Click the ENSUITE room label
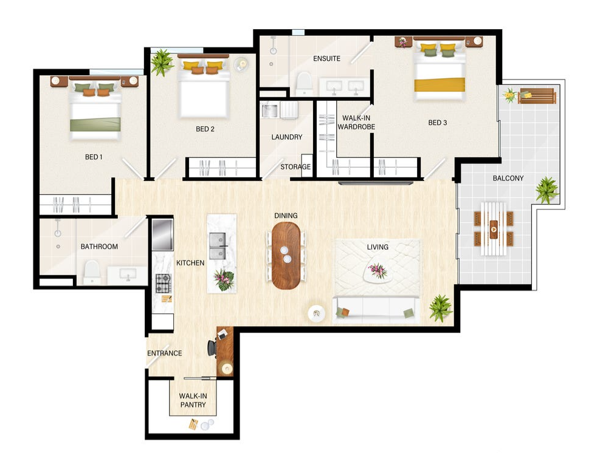[326, 58]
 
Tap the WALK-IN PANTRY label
[193, 400]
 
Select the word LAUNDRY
[286, 137]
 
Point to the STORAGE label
[295, 166]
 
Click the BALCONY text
[508, 178]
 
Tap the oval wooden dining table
[286, 256]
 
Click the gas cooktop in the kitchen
[164, 283]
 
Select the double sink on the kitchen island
[218, 247]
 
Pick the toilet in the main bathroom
[92, 272]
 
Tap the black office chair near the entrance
[212, 347]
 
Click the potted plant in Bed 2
[162, 62]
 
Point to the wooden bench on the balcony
[536, 96]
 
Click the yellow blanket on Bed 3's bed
[440, 85]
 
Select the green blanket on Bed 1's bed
[95, 124]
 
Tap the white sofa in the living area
[375, 309]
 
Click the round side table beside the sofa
[317, 313]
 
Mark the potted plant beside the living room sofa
[441, 307]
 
